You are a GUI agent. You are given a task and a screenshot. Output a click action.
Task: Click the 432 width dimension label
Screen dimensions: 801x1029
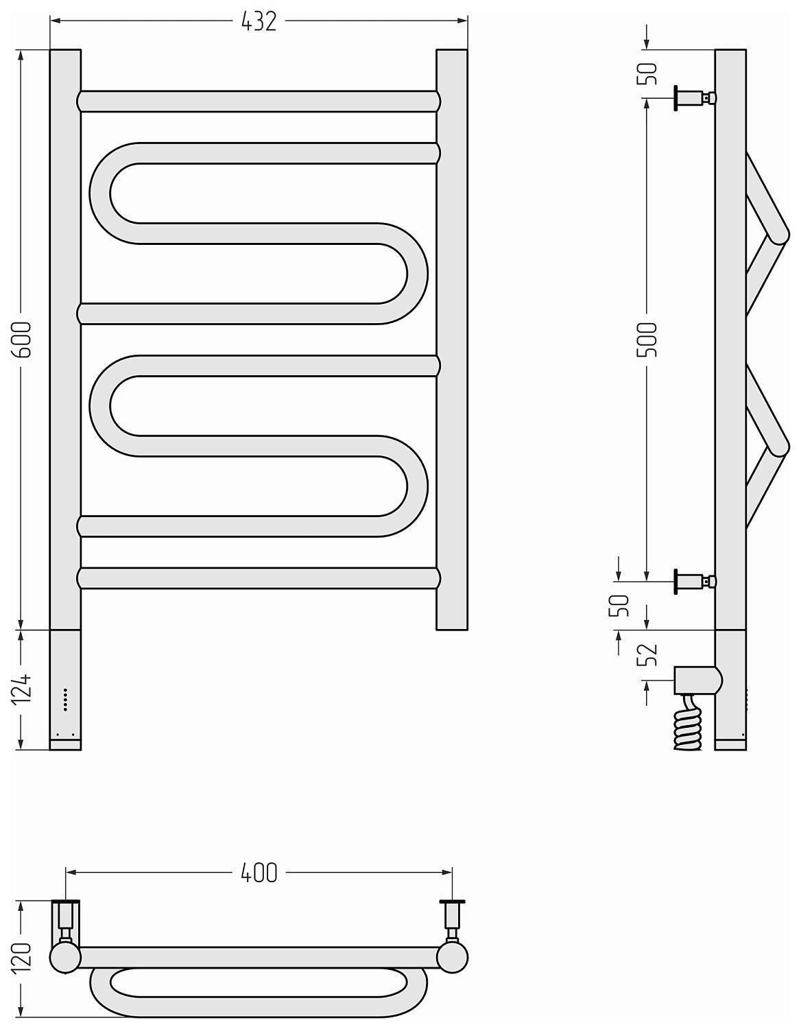coord(259,21)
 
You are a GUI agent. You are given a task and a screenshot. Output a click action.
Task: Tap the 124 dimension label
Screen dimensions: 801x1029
coord(22,687)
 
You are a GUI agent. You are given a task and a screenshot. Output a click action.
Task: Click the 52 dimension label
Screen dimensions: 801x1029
coord(648,654)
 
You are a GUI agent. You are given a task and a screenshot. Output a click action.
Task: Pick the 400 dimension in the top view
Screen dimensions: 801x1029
coord(259,873)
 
